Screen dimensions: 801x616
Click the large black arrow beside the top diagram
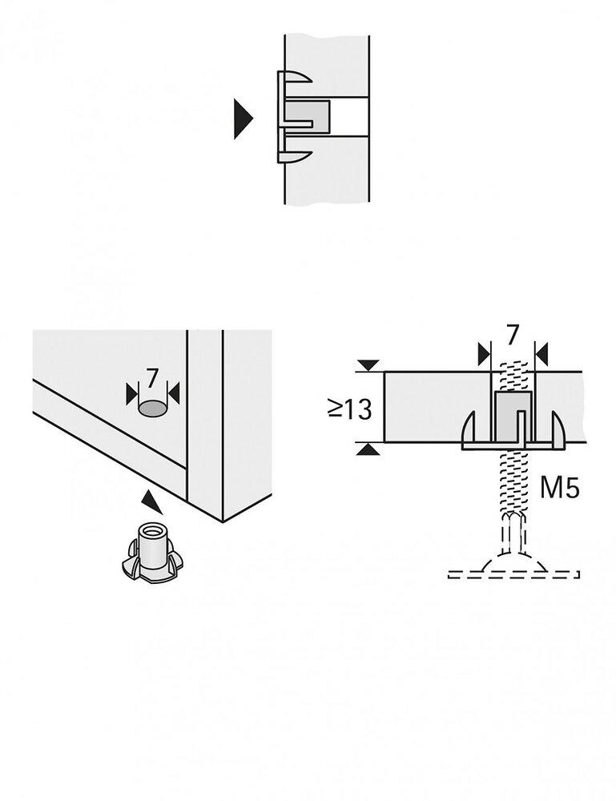pos(242,119)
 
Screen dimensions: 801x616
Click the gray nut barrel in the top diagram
pos(312,117)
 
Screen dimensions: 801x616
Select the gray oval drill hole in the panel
pos(152,409)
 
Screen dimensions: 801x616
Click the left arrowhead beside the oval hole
pos(131,393)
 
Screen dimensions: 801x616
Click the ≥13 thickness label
pos(349,409)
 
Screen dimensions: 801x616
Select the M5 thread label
pos(559,488)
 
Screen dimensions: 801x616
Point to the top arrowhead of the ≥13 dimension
pos(368,365)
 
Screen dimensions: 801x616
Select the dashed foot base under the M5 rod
pos(513,570)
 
